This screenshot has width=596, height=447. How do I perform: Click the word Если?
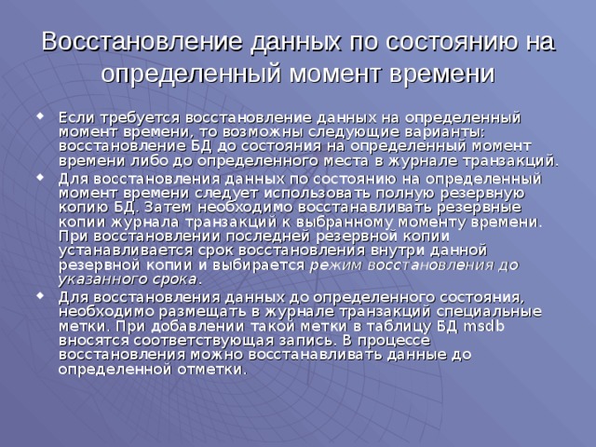74,117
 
